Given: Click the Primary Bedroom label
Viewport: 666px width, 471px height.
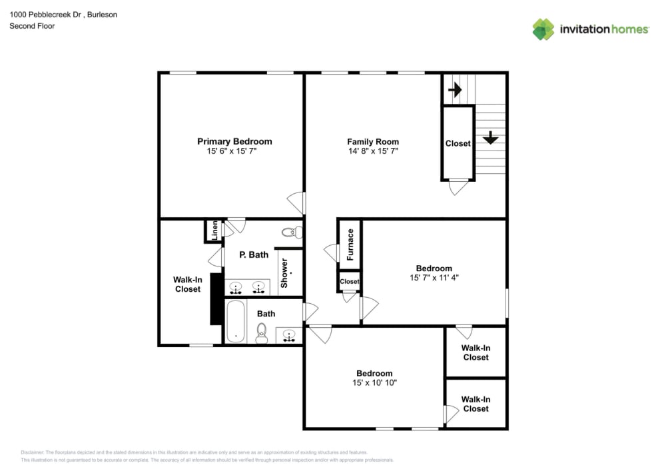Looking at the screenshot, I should [x=234, y=141].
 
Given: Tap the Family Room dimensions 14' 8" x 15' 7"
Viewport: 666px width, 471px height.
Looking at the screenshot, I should [x=372, y=152].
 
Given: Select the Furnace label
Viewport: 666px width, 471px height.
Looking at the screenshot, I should [x=350, y=244].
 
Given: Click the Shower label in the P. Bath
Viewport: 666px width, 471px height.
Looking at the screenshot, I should [x=284, y=273].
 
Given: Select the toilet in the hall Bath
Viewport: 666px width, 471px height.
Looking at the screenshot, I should [x=262, y=332].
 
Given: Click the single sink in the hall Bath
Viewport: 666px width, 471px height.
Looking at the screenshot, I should [x=289, y=335].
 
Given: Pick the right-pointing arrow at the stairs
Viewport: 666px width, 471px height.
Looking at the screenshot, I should [x=456, y=89].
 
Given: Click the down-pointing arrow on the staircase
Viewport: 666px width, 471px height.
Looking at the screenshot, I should [x=491, y=137].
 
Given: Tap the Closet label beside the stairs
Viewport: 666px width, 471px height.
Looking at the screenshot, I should [x=458, y=143].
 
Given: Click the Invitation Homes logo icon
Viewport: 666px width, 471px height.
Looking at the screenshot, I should [x=543, y=29].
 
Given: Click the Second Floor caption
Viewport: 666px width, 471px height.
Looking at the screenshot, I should [x=32, y=26].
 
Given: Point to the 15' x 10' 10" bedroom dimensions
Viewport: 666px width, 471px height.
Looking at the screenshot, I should [x=374, y=383].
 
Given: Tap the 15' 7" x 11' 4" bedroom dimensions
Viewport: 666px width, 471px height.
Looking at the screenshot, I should [x=434, y=278].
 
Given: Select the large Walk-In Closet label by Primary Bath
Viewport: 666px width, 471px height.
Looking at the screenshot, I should [x=188, y=284].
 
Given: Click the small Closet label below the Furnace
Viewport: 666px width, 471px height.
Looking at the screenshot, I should [x=350, y=282].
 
